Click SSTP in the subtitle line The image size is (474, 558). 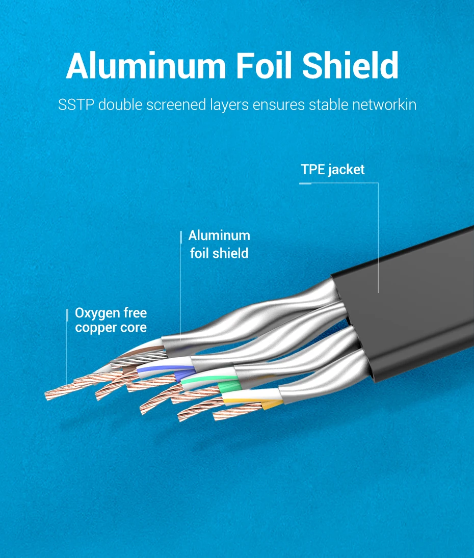pos(75,105)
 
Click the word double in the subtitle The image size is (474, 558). pos(120,105)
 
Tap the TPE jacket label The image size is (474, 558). pos(332,170)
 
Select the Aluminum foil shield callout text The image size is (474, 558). pos(219,244)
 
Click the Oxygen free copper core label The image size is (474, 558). pos(111,320)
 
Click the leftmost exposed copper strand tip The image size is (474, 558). pos(48,395)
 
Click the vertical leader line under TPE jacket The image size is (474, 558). pos(378,240)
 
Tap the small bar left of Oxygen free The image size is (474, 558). pos(67,315)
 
